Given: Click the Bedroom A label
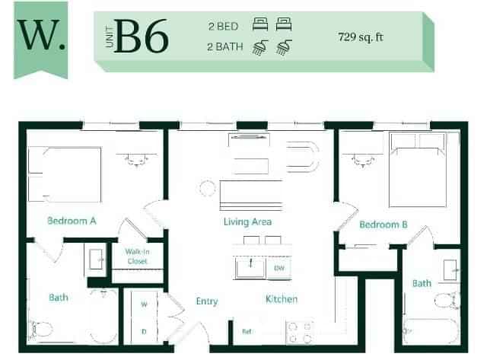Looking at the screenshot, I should [x=72, y=221].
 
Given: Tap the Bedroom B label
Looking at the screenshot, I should [x=384, y=225].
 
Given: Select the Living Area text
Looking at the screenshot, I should [x=248, y=222].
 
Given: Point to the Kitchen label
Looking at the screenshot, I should [x=282, y=299].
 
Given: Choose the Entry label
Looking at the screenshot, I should [x=207, y=301].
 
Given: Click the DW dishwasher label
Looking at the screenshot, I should [x=279, y=268].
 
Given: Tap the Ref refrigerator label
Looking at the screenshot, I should [x=246, y=331].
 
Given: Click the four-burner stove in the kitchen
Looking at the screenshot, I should [x=299, y=331].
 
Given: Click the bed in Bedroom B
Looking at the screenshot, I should [x=423, y=169].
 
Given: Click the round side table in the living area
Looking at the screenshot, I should [x=206, y=188].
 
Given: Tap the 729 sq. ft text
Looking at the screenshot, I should [x=364, y=36].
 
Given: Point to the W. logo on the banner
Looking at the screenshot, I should [x=40, y=36].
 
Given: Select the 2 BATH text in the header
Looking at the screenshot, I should [x=224, y=46].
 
